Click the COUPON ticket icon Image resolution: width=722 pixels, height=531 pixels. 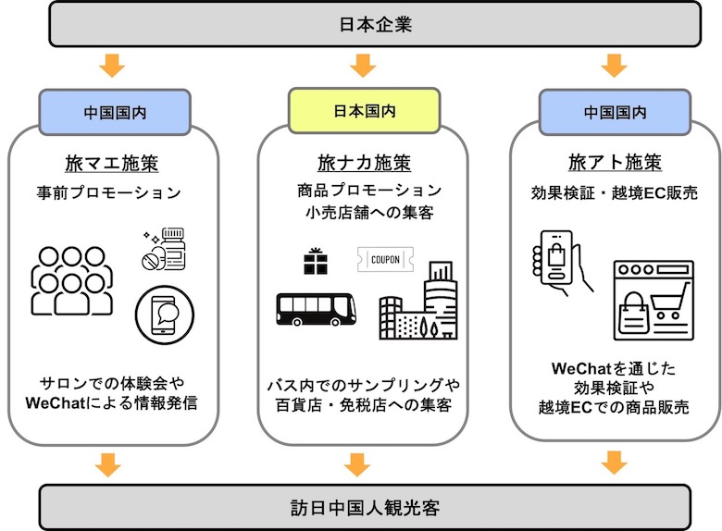coord(385,260)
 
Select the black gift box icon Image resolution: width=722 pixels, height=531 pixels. coord(316,262)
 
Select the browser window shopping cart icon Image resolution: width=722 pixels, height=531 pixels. coord(653,300)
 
